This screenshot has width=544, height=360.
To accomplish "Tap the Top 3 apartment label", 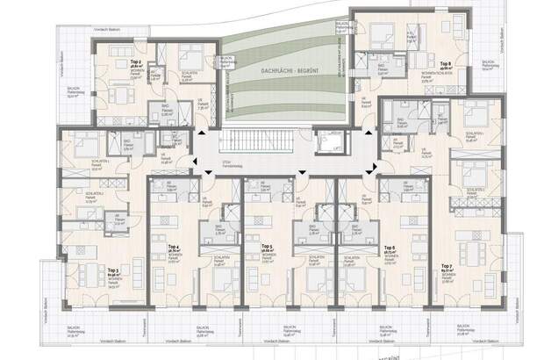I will [x=114, y=270].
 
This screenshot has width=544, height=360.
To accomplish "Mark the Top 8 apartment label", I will [x=445, y=64].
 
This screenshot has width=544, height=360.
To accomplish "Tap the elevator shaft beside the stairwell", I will [x=331, y=144].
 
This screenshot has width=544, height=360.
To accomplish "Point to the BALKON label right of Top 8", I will [x=489, y=63].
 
